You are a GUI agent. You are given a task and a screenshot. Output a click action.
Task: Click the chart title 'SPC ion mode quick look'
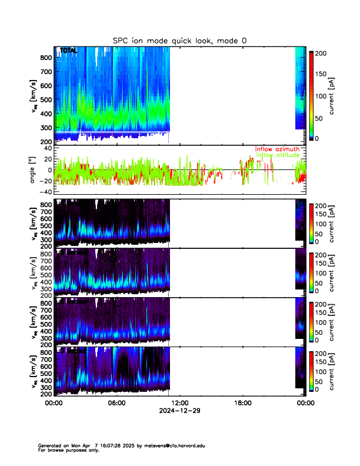pos(180,40)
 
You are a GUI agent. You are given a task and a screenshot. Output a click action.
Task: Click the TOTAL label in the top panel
pos(68,51)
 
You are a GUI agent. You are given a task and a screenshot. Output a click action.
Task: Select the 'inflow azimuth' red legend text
pos(277,149)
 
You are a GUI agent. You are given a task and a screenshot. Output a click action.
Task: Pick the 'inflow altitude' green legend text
pos(277,155)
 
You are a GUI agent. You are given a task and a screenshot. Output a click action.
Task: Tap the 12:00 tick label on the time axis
pos(179,403)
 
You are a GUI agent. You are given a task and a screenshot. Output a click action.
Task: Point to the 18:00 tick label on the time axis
pos(242,403)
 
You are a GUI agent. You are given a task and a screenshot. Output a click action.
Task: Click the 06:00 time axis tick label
pos(116,403)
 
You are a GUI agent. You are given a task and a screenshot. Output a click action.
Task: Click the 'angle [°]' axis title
pos(34,169)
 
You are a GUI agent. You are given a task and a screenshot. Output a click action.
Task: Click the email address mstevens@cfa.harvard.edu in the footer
pos(172,446)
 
